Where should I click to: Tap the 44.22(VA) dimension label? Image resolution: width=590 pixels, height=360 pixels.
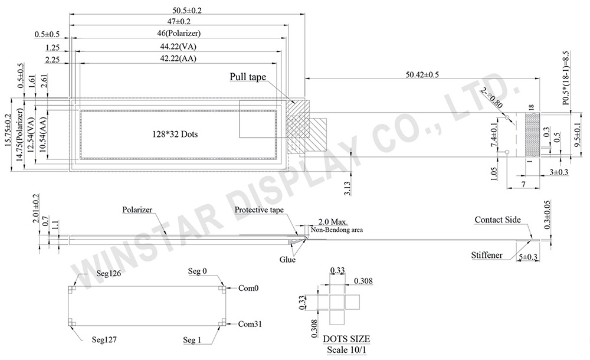[x=179, y=46]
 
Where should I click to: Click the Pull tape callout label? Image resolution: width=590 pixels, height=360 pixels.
[x=247, y=77]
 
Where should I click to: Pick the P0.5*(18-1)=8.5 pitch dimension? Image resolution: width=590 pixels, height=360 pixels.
[x=566, y=78]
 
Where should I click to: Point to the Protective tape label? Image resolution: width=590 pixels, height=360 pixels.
[x=259, y=210]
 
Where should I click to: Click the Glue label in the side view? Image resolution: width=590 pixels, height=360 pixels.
[x=289, y=259]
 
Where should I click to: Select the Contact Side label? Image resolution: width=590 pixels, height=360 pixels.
[x=497, y=220]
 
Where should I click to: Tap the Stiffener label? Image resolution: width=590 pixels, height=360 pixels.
[x=487, y=256]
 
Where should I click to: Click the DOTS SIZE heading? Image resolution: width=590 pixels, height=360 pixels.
[x=346, y=339]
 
